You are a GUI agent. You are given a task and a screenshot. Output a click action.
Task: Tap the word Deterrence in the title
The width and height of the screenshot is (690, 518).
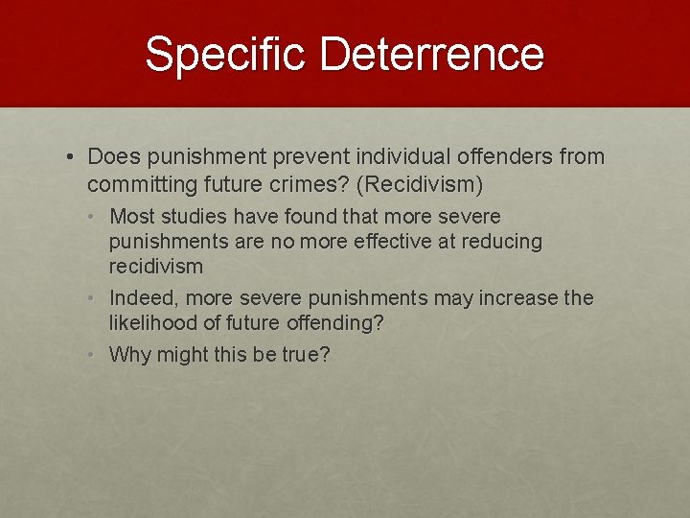[x=432, y=55]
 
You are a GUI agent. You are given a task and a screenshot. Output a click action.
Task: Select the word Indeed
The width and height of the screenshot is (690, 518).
[x=138, y=298]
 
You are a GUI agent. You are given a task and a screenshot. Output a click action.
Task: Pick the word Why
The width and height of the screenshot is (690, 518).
[x=127, y=355]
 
